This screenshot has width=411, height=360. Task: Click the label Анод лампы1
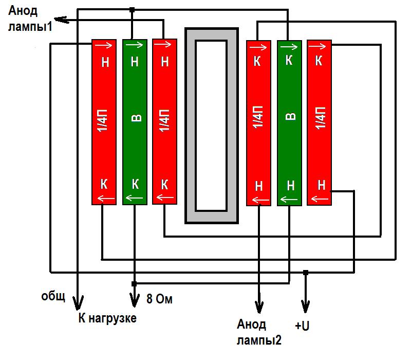point(30,19)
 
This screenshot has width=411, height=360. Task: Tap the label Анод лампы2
point(259,332)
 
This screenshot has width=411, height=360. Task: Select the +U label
point(302,326)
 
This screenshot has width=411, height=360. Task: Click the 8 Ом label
point(159,299)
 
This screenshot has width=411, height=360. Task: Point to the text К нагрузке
point(107,318)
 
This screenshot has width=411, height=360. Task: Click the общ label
point(53,296)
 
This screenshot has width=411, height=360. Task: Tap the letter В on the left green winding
point(136,118)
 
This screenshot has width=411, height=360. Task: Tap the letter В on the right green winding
point(290,116)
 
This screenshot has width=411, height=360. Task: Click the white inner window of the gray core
point(211,125)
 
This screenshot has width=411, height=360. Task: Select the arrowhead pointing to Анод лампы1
point(61,20)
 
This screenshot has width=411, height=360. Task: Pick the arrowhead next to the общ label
point(78,302)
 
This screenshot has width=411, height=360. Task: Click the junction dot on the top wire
point(132,10)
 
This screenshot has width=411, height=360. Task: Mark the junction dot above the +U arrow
point(305,273)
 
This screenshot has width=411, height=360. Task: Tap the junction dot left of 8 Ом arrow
point(134,284)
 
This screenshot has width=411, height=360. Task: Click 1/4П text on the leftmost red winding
point(103,120)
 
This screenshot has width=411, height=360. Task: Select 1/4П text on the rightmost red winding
point(320,118)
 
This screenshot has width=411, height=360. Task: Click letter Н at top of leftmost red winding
point(105,62)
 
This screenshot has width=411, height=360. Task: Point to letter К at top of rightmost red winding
point(319,61)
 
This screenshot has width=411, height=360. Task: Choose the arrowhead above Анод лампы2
point(259,307)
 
